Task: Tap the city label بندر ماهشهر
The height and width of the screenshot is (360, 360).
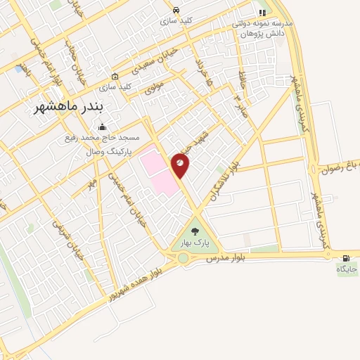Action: click(x=78, y=107)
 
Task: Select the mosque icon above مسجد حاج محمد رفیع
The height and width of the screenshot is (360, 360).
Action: click(x=103, y=127)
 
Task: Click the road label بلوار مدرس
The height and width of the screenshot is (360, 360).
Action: click(x=225, y=259)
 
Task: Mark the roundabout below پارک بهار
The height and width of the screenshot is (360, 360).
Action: click(x=184, y=258)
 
